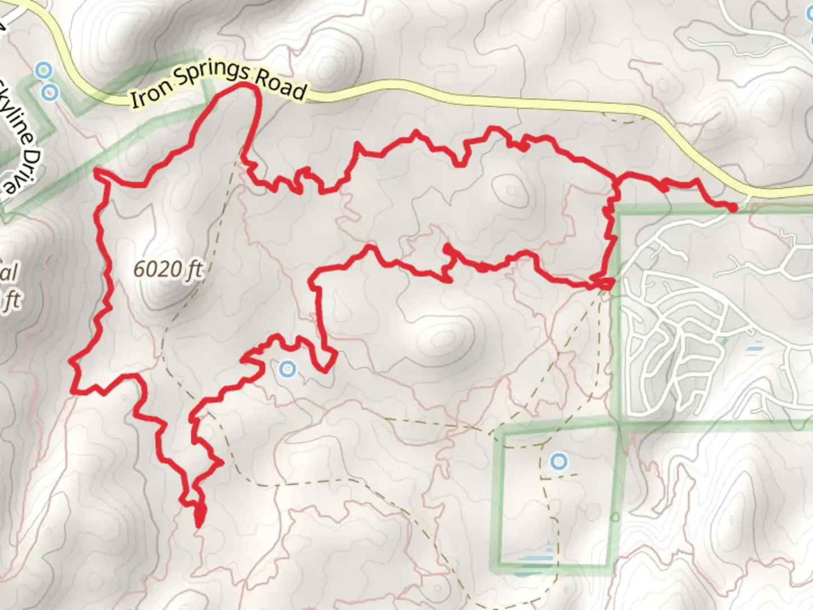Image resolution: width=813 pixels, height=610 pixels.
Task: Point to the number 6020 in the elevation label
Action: click(x=155, y=269)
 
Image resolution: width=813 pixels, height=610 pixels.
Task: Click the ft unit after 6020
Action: click(x=193, y=271)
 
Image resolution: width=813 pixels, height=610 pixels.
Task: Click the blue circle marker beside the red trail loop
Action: click(x=288, y=369)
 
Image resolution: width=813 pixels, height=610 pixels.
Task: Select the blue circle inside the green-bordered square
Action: click(x=558, y=462)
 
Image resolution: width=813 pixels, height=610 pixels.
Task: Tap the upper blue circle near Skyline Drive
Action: click(x=42, y=70)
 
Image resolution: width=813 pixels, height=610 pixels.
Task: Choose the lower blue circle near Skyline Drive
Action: click(x=51, y=92)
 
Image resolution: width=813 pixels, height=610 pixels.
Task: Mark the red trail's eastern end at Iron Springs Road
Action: click(x=733, y=208)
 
